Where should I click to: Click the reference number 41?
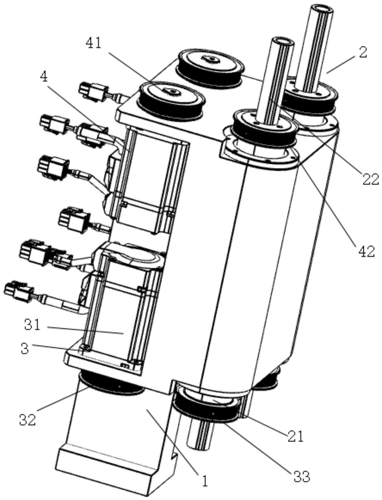[x=94, y=43]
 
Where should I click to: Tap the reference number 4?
[x=44, y=77]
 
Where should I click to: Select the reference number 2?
[x=363, y=52]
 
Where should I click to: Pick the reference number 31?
[x=32, y=325]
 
